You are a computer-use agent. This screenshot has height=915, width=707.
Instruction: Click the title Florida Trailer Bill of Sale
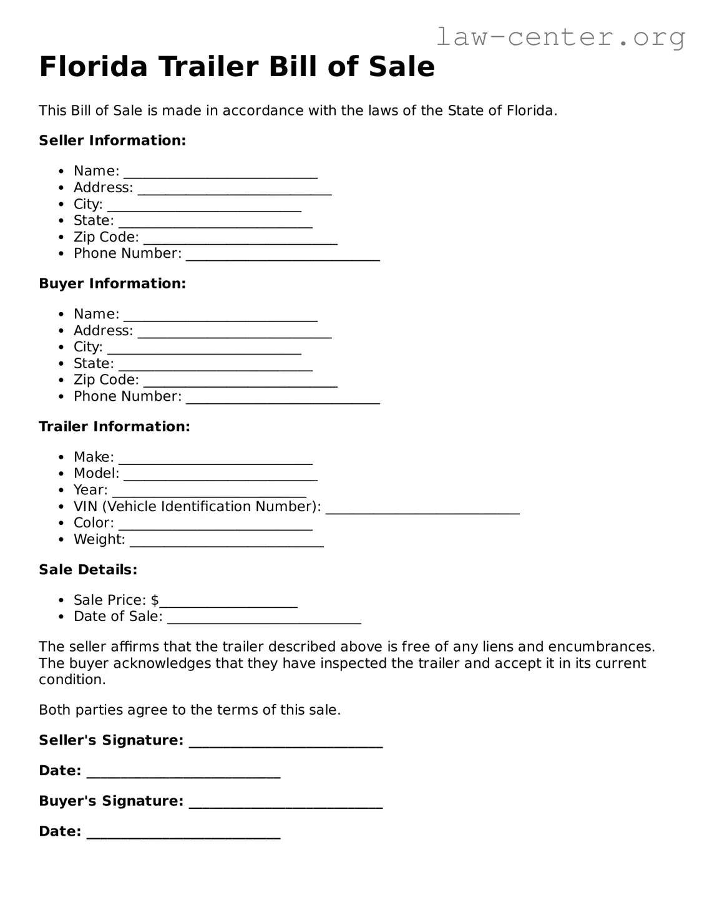tap(236, 67)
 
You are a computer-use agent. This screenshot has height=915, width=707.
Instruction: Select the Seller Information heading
tap(112, 140)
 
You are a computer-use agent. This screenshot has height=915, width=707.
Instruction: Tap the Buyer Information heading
tap(112, 283)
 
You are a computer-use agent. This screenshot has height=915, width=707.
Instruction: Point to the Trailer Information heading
tap(114, 426)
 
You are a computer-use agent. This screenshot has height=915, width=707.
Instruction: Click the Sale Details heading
tap(88, 569)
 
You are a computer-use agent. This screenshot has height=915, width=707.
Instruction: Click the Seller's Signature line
tap(285, 743)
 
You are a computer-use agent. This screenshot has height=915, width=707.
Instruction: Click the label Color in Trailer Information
tap(93, 523)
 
